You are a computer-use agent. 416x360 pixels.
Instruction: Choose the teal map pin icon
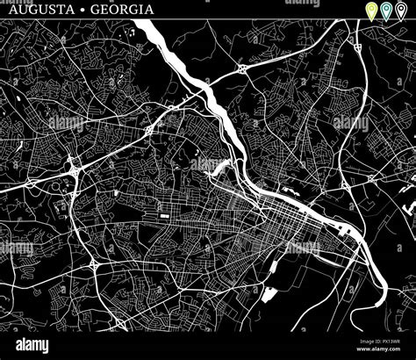click(x=387, y=11)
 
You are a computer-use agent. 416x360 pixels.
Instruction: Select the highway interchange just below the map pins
click(x=359, y=43)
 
